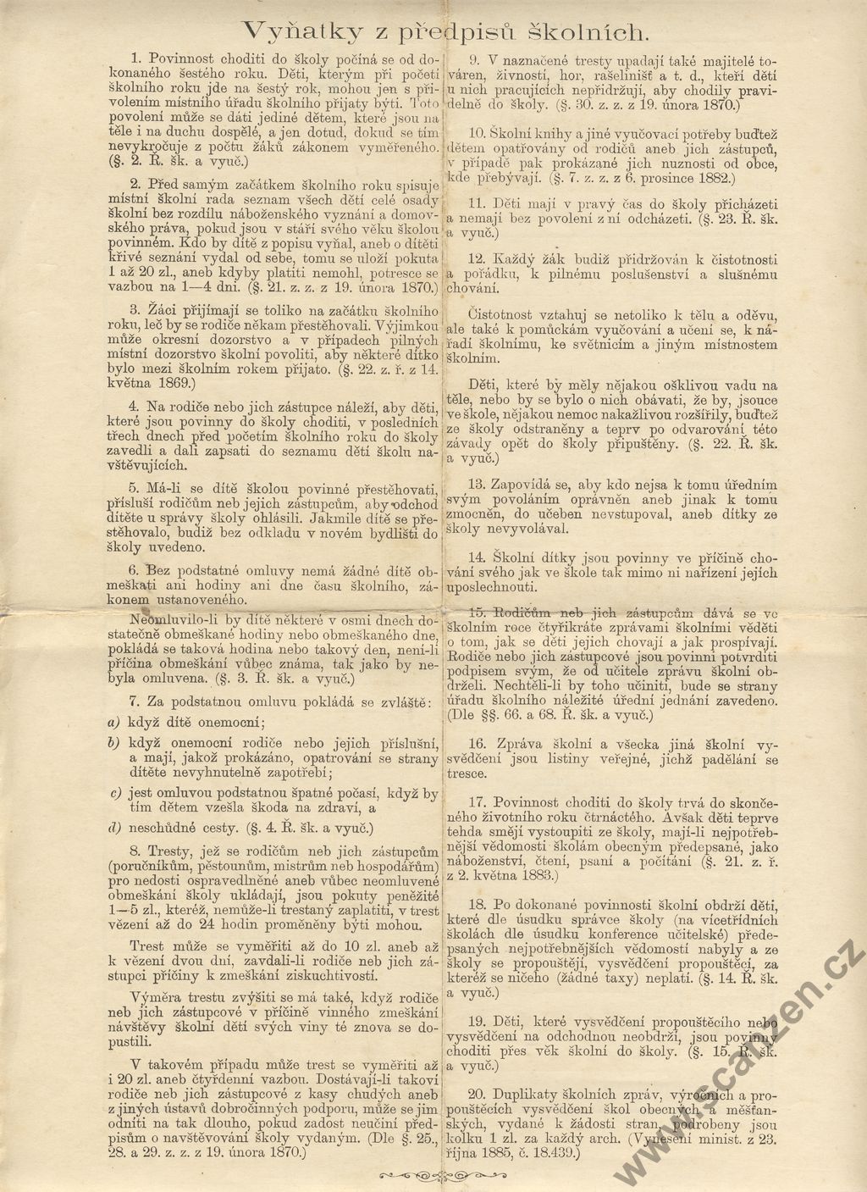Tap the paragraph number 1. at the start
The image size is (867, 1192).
[138, 58]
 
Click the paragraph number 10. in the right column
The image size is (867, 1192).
[476, 133]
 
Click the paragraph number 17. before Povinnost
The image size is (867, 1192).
[476, 801]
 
